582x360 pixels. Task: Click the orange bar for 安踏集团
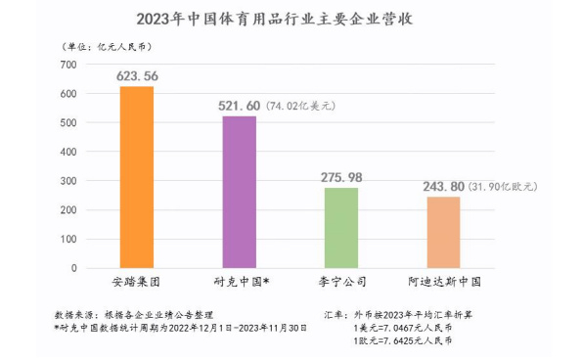136,177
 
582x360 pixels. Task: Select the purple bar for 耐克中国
239,192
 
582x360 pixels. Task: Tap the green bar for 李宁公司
341,228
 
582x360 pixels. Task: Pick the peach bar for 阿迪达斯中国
443,233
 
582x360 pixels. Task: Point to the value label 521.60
238,106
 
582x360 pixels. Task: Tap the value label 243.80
443,186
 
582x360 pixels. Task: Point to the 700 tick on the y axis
67,65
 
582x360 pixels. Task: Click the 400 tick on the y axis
67,153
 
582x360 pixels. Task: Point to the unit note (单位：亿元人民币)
103,46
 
